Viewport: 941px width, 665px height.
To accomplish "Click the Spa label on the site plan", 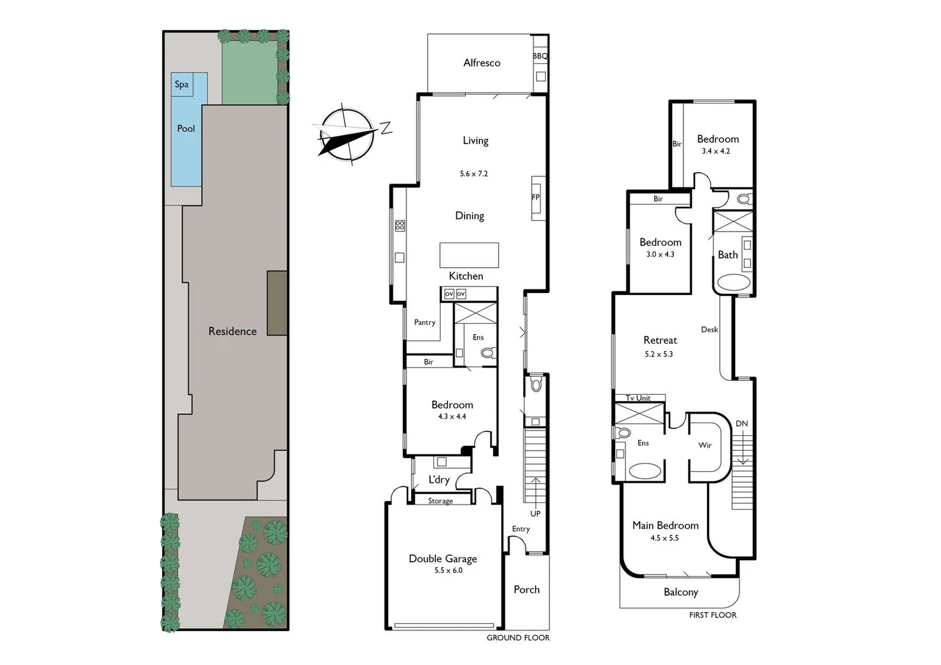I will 181,84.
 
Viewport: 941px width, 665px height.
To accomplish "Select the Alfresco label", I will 481,63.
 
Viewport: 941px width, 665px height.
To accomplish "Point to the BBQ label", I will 540,56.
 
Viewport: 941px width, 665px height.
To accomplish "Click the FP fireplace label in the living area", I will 536,198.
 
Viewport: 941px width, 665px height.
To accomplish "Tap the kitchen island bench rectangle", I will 469,255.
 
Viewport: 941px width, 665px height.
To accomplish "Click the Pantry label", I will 425,322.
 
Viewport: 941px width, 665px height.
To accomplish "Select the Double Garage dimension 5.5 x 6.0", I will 448,571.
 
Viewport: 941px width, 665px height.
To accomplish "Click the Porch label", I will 526,589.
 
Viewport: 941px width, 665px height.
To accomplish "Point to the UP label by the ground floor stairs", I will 535,514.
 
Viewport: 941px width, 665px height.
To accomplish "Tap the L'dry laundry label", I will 439,480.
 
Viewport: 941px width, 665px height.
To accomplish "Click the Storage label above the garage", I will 440,501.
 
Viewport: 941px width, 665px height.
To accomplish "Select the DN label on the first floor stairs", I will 741,424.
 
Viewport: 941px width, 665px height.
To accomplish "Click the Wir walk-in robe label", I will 705,445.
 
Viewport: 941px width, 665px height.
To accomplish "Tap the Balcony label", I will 680,592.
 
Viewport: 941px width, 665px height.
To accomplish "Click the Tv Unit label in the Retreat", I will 638,398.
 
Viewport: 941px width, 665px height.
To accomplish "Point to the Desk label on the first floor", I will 709,329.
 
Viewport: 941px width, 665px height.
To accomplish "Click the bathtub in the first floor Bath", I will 733,283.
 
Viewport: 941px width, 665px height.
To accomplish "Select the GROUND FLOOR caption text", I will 518,638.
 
